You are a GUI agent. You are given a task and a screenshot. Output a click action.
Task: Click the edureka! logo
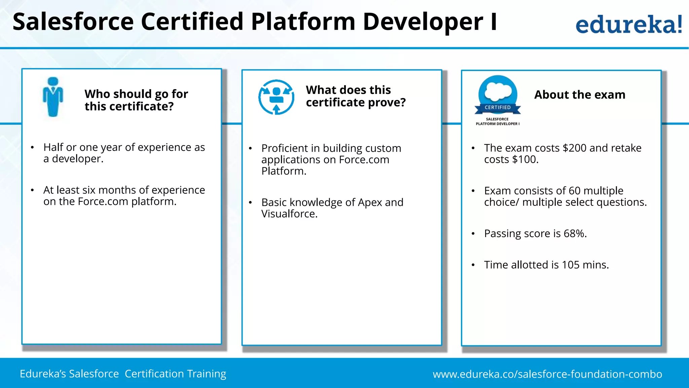click(628, 24)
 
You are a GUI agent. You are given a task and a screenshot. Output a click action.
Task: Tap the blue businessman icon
click(53, 97)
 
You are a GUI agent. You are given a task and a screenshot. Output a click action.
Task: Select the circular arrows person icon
click(276, 97)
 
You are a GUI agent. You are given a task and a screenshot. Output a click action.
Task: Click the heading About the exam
click(580, 95)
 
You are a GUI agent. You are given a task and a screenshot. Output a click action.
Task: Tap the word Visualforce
click(289, 214)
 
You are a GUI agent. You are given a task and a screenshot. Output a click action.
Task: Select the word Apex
click(370, 203)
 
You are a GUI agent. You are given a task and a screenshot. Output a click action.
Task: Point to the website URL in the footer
click(547, 374)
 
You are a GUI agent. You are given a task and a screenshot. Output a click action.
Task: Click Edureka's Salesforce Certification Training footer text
click(123, 374)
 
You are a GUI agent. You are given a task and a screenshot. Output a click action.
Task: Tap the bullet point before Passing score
click(473, 234)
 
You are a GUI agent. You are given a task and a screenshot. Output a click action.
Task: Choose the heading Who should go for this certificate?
click(136, 100)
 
